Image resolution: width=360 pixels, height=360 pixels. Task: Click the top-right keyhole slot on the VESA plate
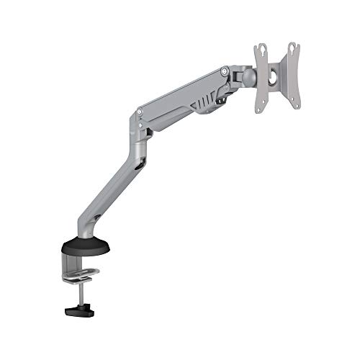[x=292, y=48]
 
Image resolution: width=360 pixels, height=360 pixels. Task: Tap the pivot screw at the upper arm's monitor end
[x=225, y=71]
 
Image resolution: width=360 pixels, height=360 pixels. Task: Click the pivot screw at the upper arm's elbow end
[x=139, y=112]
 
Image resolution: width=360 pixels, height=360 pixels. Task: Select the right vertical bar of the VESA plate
[x=293, y=76]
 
